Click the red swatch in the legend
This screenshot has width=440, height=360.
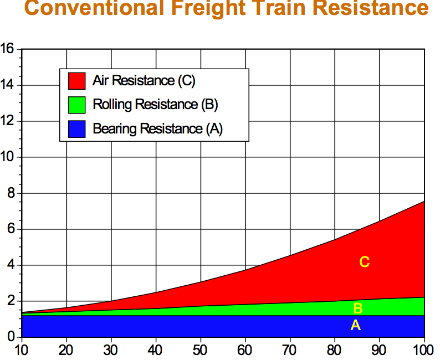click(77, 81)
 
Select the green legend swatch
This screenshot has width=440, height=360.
click(77, 105)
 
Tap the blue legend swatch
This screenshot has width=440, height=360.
click(77, 129)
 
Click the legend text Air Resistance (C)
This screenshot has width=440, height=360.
click(144, 81)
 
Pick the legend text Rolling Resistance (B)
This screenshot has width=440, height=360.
click(156, 105)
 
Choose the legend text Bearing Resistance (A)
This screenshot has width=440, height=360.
click(158, 129)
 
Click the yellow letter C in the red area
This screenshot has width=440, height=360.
click(365, 262)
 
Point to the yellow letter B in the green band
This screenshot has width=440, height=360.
click(358, 308)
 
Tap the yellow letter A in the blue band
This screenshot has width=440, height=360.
click(356, 325)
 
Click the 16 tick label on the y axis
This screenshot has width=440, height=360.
click(7, 49)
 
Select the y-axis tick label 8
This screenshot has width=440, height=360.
click(11, 193)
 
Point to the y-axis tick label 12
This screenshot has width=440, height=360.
click(7, 121)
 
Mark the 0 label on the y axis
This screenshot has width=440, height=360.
click(11, 336)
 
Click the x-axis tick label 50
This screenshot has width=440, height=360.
click(200, 350)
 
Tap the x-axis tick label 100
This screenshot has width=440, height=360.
click(423, 350)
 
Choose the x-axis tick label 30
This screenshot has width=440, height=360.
click(111, 350)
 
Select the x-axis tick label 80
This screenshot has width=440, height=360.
click(334, 350)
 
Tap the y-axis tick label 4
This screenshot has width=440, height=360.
click(11, 265)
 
